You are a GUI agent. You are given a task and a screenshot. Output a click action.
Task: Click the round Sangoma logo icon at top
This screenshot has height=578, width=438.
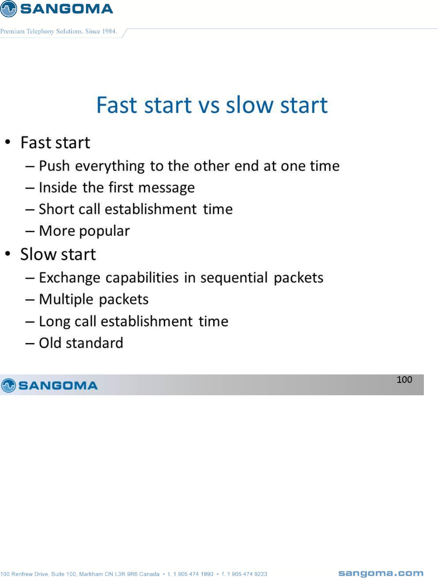pyautogui.click(x=8, y=8)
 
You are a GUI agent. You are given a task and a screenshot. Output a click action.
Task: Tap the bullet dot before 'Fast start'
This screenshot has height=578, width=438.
pyautogui.click(x=8, y=142)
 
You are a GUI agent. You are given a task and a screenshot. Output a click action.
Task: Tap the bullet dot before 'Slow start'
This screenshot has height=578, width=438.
pyautogui.click(x=8, y=254)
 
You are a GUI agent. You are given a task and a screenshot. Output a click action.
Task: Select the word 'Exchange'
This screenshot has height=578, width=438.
pyautogui.click(x=70, y=278)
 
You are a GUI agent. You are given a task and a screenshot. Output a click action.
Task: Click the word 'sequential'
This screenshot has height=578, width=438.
pyautogui.click(x=234, y=278)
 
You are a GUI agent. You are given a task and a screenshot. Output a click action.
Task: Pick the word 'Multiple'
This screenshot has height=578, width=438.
pyautogui.click(x=66, y=300)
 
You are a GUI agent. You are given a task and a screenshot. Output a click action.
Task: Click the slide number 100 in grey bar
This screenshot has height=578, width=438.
pyautogui.click(x=404, y=380)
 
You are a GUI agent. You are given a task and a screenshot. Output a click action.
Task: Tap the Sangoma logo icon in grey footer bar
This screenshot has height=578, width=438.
pyautogui.click(x=8, y=385)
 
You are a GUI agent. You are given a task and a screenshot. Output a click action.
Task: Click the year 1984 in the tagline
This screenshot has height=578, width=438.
pyautogui.click(x=109, y=31)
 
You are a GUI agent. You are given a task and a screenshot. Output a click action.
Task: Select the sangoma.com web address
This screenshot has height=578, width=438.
pyautogui.click(x=381, y=571)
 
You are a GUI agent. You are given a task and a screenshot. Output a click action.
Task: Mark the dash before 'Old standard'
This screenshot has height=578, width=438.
pyautogui.click(x=30, y=344)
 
